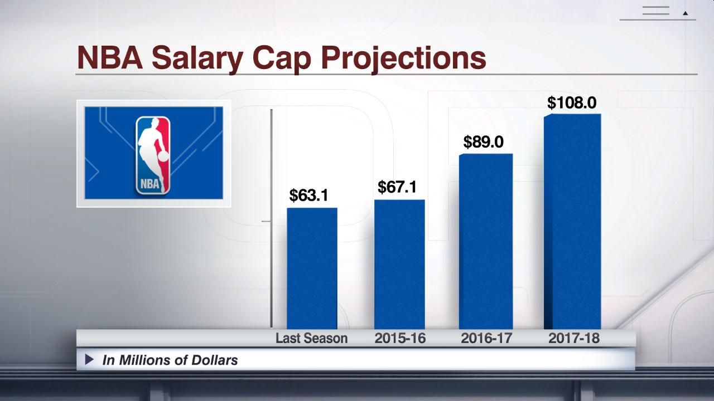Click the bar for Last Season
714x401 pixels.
[x=312, y=268]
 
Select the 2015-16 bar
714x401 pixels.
[x=399, y=265]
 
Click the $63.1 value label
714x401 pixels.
[x=308, y=195]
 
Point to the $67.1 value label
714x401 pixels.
[x=397, y=187]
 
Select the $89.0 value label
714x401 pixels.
[x=483, y=142]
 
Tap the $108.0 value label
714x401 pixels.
[x=572, y=103]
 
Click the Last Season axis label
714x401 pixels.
[x=311, y=338]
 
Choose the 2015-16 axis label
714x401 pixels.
[x=400, y=338]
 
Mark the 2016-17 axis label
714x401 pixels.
[x=486, y=338]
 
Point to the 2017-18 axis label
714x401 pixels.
[x=573, y=338]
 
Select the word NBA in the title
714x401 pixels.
[x=110, y=57]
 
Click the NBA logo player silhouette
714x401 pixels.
[x=152, y=148]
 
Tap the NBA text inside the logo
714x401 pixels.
[x=149, y=184]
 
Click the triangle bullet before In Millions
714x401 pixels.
[x=89, y=360]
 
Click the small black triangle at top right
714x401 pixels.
[x=686, y=13]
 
